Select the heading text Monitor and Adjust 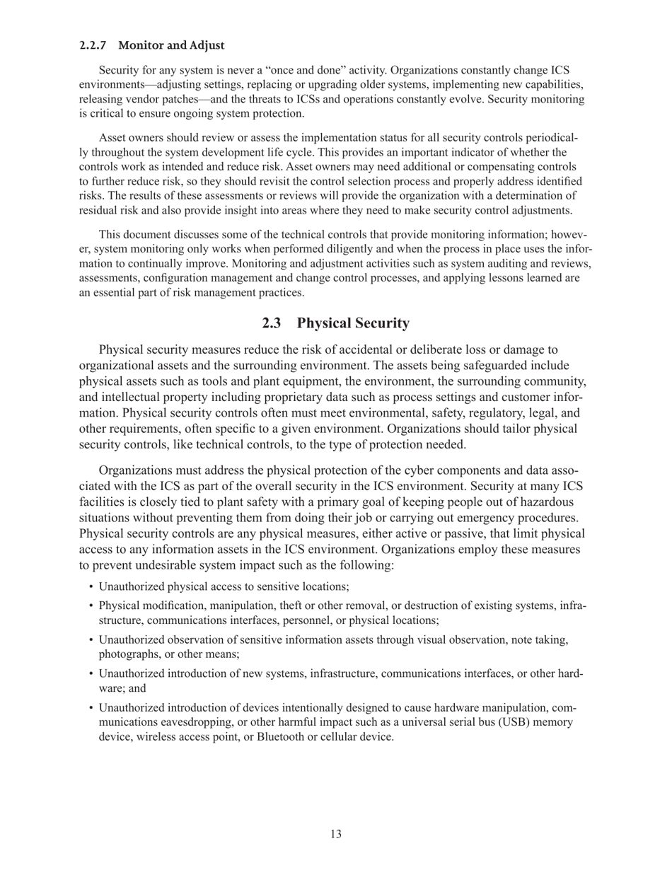tap(171, 45)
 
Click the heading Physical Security tap(353, 323)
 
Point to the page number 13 tap(336, 835)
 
